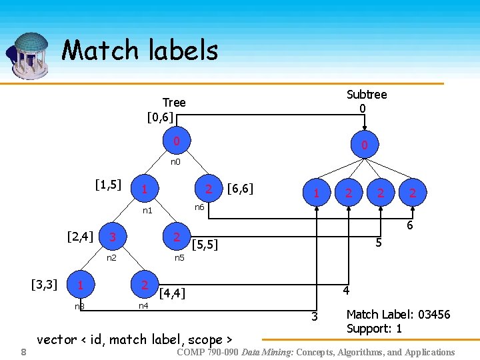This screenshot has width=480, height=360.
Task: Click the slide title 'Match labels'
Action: pyautogui.click(x=139, y=51)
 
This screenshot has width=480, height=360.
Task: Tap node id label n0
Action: pyautogui.click(x=175, y=161)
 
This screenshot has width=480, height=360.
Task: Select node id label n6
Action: pyautogui.click(x=199, y=207)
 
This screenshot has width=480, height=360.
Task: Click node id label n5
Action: pyautogui.click(x=179, y=257)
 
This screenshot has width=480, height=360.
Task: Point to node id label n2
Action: pyautogui.click(x=112, y=257)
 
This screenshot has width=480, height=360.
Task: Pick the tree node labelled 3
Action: pyautogui.click(x=113, y=237)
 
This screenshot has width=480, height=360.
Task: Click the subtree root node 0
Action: pyautogui.click(x=364, y=145)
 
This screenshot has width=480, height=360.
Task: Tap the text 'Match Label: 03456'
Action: pyautogui.click(x=398, y=314)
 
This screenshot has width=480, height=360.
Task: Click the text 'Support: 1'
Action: pyautogui.click(x=374, y=329)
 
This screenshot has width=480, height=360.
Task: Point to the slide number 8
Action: pyautogui.click(x=23, y=352)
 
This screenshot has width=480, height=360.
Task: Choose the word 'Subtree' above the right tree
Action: pyautogui.click(x=366, y=95)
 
